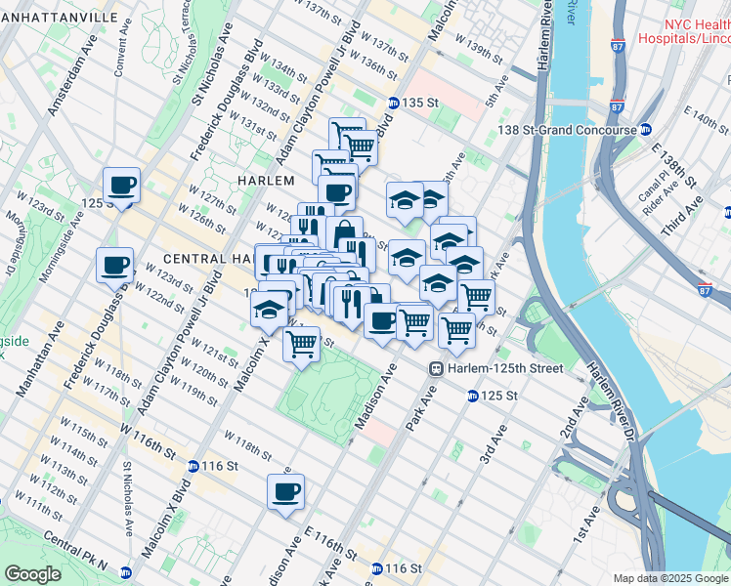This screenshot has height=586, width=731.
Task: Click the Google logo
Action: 31,573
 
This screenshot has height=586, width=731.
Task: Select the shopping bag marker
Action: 344,234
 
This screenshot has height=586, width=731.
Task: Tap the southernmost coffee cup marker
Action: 285,492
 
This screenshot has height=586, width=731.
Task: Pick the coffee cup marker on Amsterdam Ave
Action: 122,185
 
